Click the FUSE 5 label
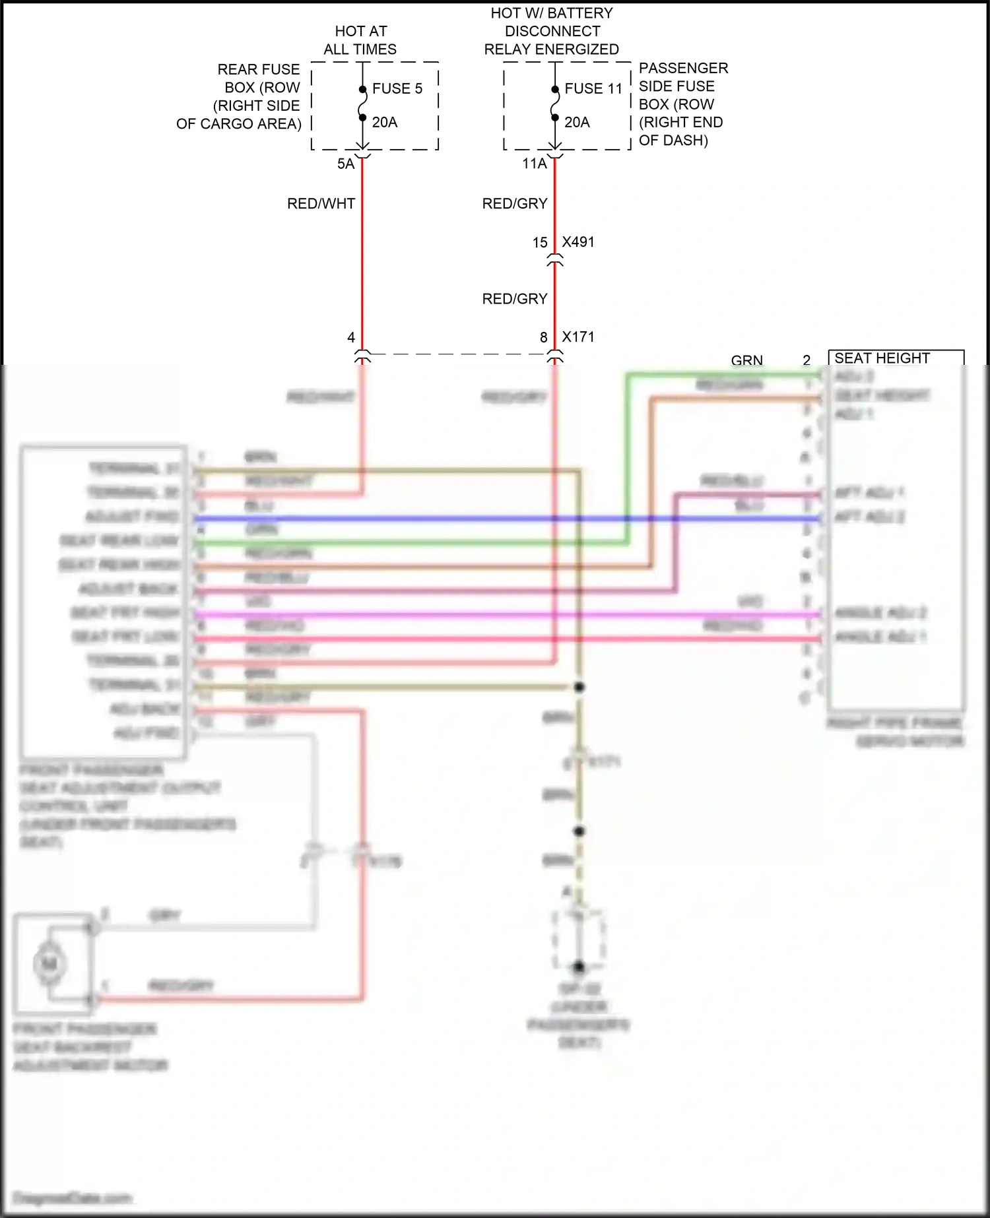tap(397, 89)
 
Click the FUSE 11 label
tap(593, 89)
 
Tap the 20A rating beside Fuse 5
tap(385, 123)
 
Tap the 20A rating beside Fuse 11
tap(577, 123)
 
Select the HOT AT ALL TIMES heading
tap(360, 40)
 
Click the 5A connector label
tap(346, 164)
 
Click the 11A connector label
tap(535, 164)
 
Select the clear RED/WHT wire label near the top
tap(321, 204)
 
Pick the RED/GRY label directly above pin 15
tap(515, 204)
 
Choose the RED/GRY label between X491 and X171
tap(515, 300)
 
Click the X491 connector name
tap(578, 242)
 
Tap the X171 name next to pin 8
tap(578, 337)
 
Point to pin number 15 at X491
tap(540, 243)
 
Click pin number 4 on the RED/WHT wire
tap(351, 338)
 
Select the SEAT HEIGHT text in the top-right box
tap(882, 358)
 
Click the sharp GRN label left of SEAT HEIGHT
tap(746, 360)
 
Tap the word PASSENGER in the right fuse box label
tap(683, 69)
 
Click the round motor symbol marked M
tap(49, 964)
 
